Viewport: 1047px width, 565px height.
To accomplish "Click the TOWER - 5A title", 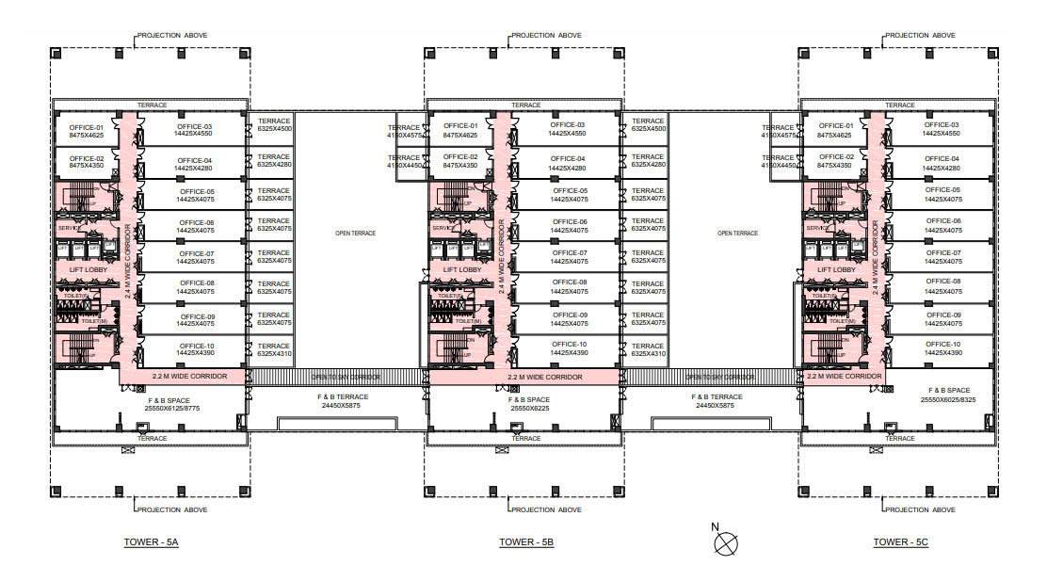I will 151,542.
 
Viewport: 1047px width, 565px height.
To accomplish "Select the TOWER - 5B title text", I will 526,542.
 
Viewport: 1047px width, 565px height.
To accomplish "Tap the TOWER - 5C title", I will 900,542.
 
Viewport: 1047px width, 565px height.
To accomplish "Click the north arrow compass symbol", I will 726,541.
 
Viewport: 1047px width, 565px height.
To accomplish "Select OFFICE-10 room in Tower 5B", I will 569,347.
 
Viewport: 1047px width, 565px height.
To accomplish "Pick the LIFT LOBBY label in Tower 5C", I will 836,269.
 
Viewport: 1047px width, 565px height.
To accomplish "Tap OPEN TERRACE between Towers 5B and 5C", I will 737,233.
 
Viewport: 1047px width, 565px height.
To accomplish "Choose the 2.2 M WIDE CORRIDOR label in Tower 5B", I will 544,378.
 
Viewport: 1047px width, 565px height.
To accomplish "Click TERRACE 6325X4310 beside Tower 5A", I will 274,349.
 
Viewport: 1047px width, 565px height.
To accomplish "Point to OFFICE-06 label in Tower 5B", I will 569,225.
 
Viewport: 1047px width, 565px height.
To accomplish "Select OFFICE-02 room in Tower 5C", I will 836,161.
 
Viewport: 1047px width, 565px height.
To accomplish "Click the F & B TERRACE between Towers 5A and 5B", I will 343,401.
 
